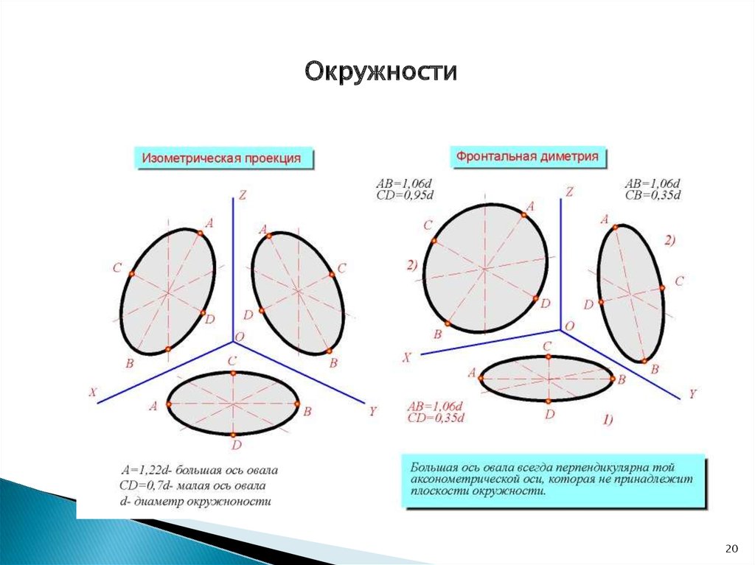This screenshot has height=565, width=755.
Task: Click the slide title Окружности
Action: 380,72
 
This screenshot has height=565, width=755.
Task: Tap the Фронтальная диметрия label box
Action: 528,156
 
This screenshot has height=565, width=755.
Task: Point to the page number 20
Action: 731,548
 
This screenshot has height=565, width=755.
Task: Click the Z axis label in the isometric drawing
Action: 242,195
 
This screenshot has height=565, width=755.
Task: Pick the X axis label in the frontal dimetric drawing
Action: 407,357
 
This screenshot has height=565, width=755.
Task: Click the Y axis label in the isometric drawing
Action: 372,412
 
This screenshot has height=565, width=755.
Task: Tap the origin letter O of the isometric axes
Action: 240,337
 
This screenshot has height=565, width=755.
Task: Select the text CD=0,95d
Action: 405,195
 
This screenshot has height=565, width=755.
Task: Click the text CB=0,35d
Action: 653,195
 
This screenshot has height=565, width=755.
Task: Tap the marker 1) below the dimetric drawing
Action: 608,420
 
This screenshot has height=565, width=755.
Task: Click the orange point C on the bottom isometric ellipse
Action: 233,373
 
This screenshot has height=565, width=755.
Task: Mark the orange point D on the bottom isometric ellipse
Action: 233,435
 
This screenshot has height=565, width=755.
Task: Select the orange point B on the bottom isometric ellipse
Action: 297,404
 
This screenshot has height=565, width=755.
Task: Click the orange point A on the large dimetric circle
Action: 524,215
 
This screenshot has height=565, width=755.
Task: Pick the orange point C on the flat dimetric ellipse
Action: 549,357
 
